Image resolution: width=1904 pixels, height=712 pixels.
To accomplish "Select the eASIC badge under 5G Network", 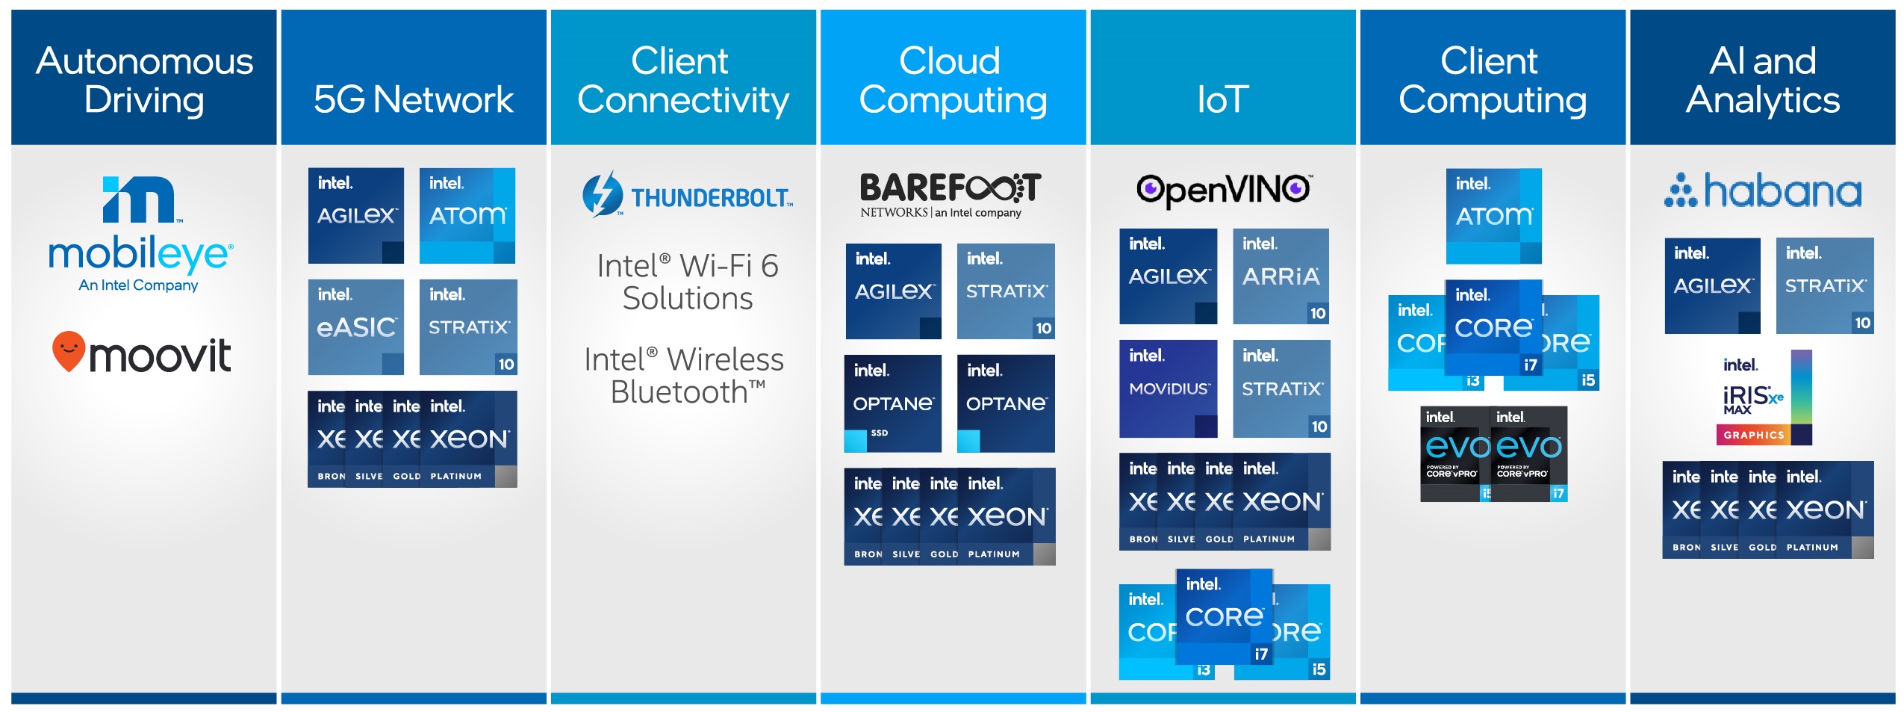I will (x=355, y=326).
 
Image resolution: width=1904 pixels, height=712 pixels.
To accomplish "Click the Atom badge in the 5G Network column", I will (x=467, y=215).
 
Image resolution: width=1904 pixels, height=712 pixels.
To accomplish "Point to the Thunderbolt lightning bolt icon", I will (x=602, y=194).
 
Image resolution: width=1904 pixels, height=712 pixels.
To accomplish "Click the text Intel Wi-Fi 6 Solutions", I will (x=687, y=282).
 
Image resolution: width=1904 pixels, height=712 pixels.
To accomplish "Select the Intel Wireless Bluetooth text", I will (x=683, y=375).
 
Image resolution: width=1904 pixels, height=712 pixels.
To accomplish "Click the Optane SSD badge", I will (x=892, y=403).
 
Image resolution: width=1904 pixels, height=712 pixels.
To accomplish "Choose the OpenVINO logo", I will (x=1223, y=190).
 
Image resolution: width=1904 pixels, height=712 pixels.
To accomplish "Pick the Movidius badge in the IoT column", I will (x=1168, y=388).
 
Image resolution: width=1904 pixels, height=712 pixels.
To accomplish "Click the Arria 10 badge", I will (x=1280, y=276).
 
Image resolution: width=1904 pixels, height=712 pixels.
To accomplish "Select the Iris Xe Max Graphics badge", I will (x=1763, y=398).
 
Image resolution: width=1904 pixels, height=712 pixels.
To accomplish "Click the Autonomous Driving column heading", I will (x=144, y=79).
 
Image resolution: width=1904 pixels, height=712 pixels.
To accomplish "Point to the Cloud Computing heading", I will (x=952, y=79).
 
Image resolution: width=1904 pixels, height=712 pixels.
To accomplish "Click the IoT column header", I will (x=1222, y=98).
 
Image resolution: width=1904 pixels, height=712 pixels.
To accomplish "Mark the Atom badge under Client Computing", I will (x=1493, y=216).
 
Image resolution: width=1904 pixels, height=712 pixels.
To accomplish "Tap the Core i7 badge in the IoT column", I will (x=1224, y=616).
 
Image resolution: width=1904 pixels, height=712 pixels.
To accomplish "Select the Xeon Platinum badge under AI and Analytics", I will (x=1825, y=510).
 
